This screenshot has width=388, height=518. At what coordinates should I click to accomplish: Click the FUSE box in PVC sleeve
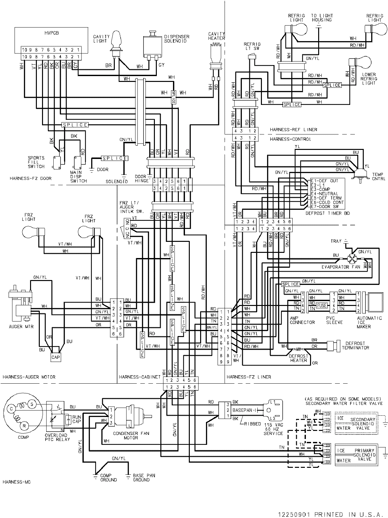pos(322,305)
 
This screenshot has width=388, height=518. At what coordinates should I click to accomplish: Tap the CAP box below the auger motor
pos(56,357)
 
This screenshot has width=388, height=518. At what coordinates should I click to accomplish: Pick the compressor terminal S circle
pos(32,404)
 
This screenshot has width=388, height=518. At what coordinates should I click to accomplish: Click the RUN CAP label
pos(77,419)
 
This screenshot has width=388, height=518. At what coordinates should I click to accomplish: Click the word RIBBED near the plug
pos(253,424)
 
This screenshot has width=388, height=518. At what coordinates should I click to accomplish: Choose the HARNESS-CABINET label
pos(139,377)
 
